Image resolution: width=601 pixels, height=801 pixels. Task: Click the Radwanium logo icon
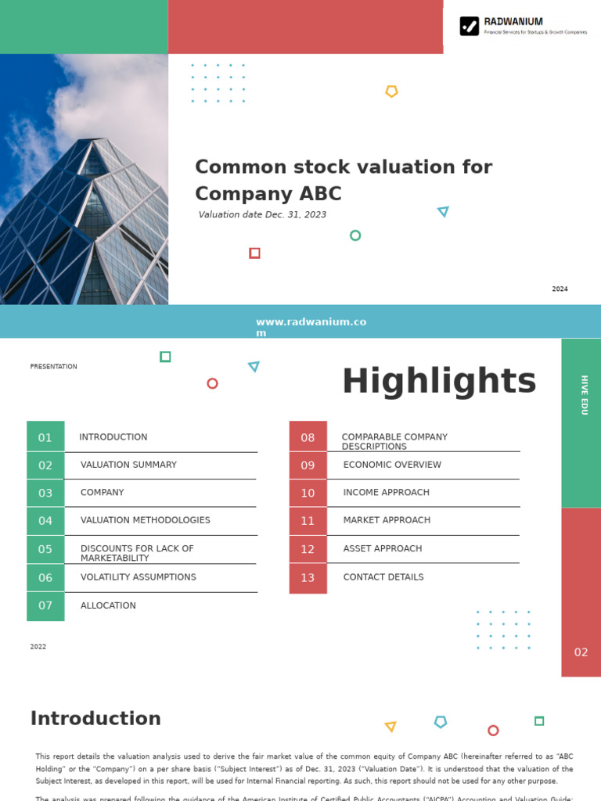(x=469, y=27)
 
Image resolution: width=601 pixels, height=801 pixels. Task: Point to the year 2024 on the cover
(x=560, y=289)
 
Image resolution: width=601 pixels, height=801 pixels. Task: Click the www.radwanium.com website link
(x=311, y=327)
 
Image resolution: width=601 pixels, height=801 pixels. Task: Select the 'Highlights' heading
(x=439, y=382)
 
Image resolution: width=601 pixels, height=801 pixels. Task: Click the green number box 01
(x=45, y=437)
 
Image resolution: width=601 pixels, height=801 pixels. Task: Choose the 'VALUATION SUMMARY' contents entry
(x=128, y=465)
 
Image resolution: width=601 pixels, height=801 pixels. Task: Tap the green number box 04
(x=45, y=521)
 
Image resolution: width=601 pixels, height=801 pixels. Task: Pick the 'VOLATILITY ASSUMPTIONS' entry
(x=138, y=577)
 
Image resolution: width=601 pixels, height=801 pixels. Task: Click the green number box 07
(x=45, y=605)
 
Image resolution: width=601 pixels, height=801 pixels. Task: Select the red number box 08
(x=308, y=437)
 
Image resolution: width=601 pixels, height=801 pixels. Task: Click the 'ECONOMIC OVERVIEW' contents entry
(x=392, y=465)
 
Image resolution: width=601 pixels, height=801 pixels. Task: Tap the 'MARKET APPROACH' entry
(x=387, y=520)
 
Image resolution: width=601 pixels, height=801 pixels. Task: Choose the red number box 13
(x=308, y=578)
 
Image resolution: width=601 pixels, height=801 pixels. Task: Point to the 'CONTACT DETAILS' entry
(x=383, y=577)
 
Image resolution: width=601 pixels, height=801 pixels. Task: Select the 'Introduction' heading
(x=95, y=719)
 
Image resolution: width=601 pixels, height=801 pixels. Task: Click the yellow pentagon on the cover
(x=391, y=92)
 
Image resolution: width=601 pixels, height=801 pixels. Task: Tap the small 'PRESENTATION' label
(x=53, y=367)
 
